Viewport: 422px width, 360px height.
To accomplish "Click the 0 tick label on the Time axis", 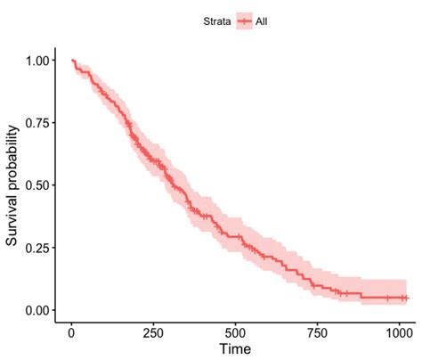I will pos(72,333).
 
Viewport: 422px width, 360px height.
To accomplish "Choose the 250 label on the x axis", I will pos(154,333).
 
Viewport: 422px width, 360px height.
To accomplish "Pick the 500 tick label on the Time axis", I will pos(236,333).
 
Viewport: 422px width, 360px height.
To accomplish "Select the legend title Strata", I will pos(216,20).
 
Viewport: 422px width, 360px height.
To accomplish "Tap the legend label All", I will pos(261,20).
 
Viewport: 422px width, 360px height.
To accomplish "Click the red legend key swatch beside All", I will pos(243,20).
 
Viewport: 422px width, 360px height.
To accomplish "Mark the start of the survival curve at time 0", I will pos(72,61).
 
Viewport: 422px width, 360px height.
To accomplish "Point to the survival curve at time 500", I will pos(236,236).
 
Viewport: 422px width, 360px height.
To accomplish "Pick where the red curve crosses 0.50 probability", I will pos(174,185).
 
